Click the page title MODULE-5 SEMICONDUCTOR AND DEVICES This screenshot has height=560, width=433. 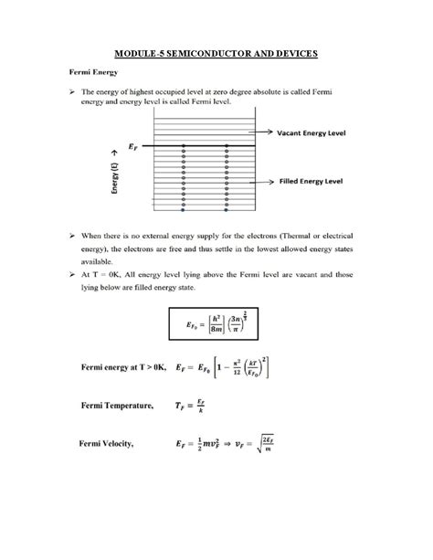pyautogui.click(x=216, y=54)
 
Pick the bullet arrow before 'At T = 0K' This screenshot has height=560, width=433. pyautogui.click(x=70, y=272)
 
